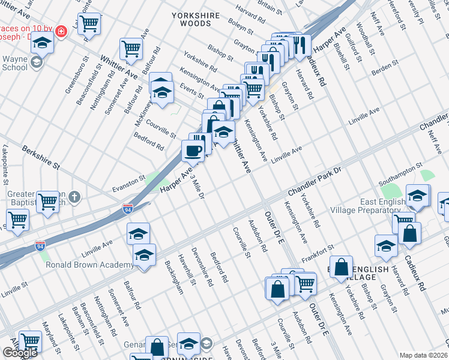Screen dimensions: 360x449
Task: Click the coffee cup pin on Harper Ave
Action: [x=193, y=151]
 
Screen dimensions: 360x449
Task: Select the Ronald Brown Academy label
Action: [x=89, y=265]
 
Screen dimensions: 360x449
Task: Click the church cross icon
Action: [x=74, y=197]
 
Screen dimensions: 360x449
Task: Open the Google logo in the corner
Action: [x=19, y=353]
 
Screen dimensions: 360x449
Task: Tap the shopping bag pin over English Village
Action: [x=341, y=268]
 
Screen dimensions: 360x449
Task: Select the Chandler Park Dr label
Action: [x=314, y=182]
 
